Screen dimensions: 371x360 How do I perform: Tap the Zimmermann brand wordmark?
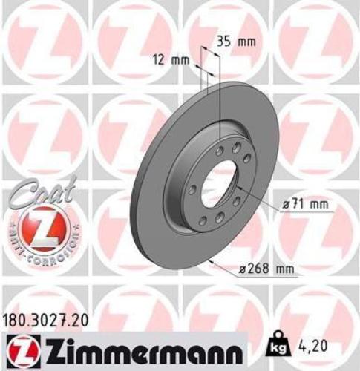click(137, 348)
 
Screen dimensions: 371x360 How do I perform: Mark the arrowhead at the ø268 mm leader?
click(214, 263)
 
